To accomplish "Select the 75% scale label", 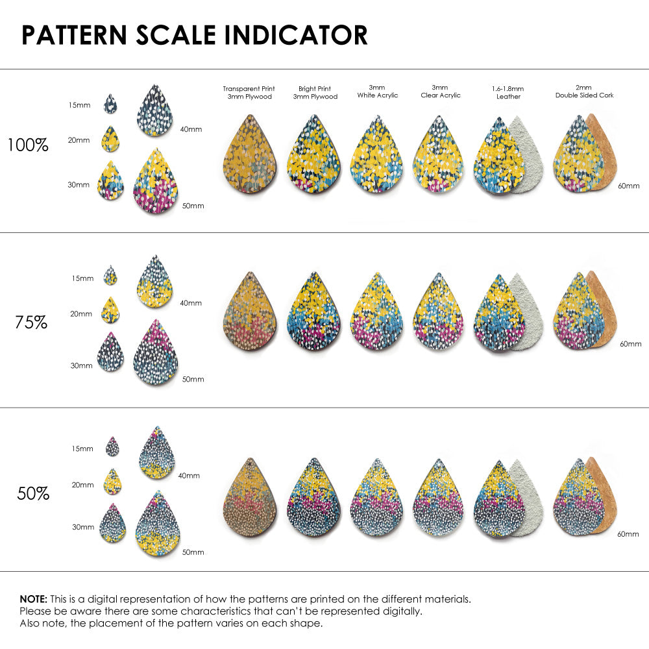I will click(x=31, y=321).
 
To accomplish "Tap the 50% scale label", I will click(x=32, y=493).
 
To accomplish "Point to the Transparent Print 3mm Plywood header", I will click(x=249, y=92).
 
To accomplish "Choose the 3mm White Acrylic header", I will click(x=377, y=91).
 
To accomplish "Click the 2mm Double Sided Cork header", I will click(x=584, y=91).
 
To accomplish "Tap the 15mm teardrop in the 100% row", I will click(x=111, y=103).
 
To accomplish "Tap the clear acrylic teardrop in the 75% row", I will click(x=438, y=312).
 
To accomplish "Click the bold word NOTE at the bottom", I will click(x=32, y=598).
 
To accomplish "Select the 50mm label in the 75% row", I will click(x=193, y=379).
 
